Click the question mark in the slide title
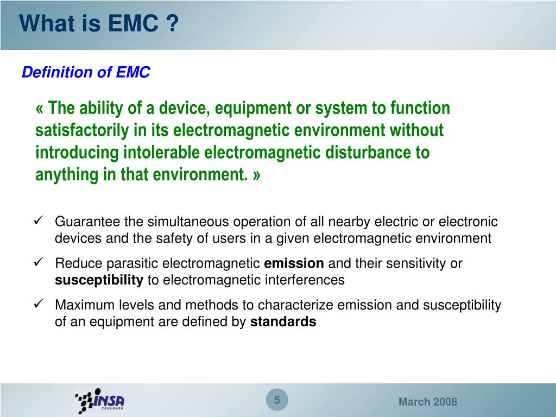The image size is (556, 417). pos(172,24)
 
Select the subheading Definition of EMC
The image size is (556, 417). pos(85,72)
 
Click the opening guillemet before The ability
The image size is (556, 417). pos(40,109)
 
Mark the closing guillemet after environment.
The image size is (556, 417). pos(256,175)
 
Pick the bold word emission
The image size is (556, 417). pos(294,264)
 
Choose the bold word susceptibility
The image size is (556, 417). pos(99,280)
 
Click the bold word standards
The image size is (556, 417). pos(283,322)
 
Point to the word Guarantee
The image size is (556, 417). pos(88,222)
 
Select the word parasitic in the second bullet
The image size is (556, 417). pos(134,264)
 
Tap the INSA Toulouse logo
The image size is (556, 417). pos(100,401)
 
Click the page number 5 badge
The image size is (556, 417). pos(277,401)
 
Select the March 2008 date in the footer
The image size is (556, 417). pos(428,402)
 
